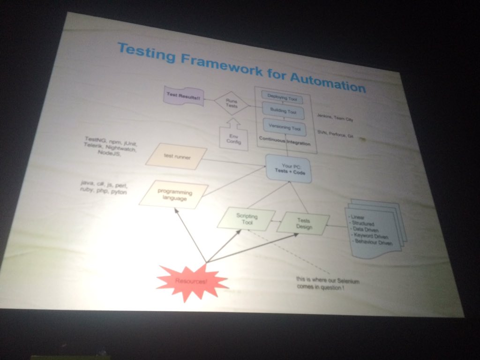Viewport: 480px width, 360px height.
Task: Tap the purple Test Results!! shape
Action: pos(184,96)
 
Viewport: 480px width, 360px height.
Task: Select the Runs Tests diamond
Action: pos(232,104)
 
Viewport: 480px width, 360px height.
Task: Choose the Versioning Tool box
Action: pos(285,127)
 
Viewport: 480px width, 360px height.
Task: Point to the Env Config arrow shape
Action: pos(233,136)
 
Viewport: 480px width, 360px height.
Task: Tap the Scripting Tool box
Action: pos(246,219)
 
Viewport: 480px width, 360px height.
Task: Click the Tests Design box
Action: pos(303,224)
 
